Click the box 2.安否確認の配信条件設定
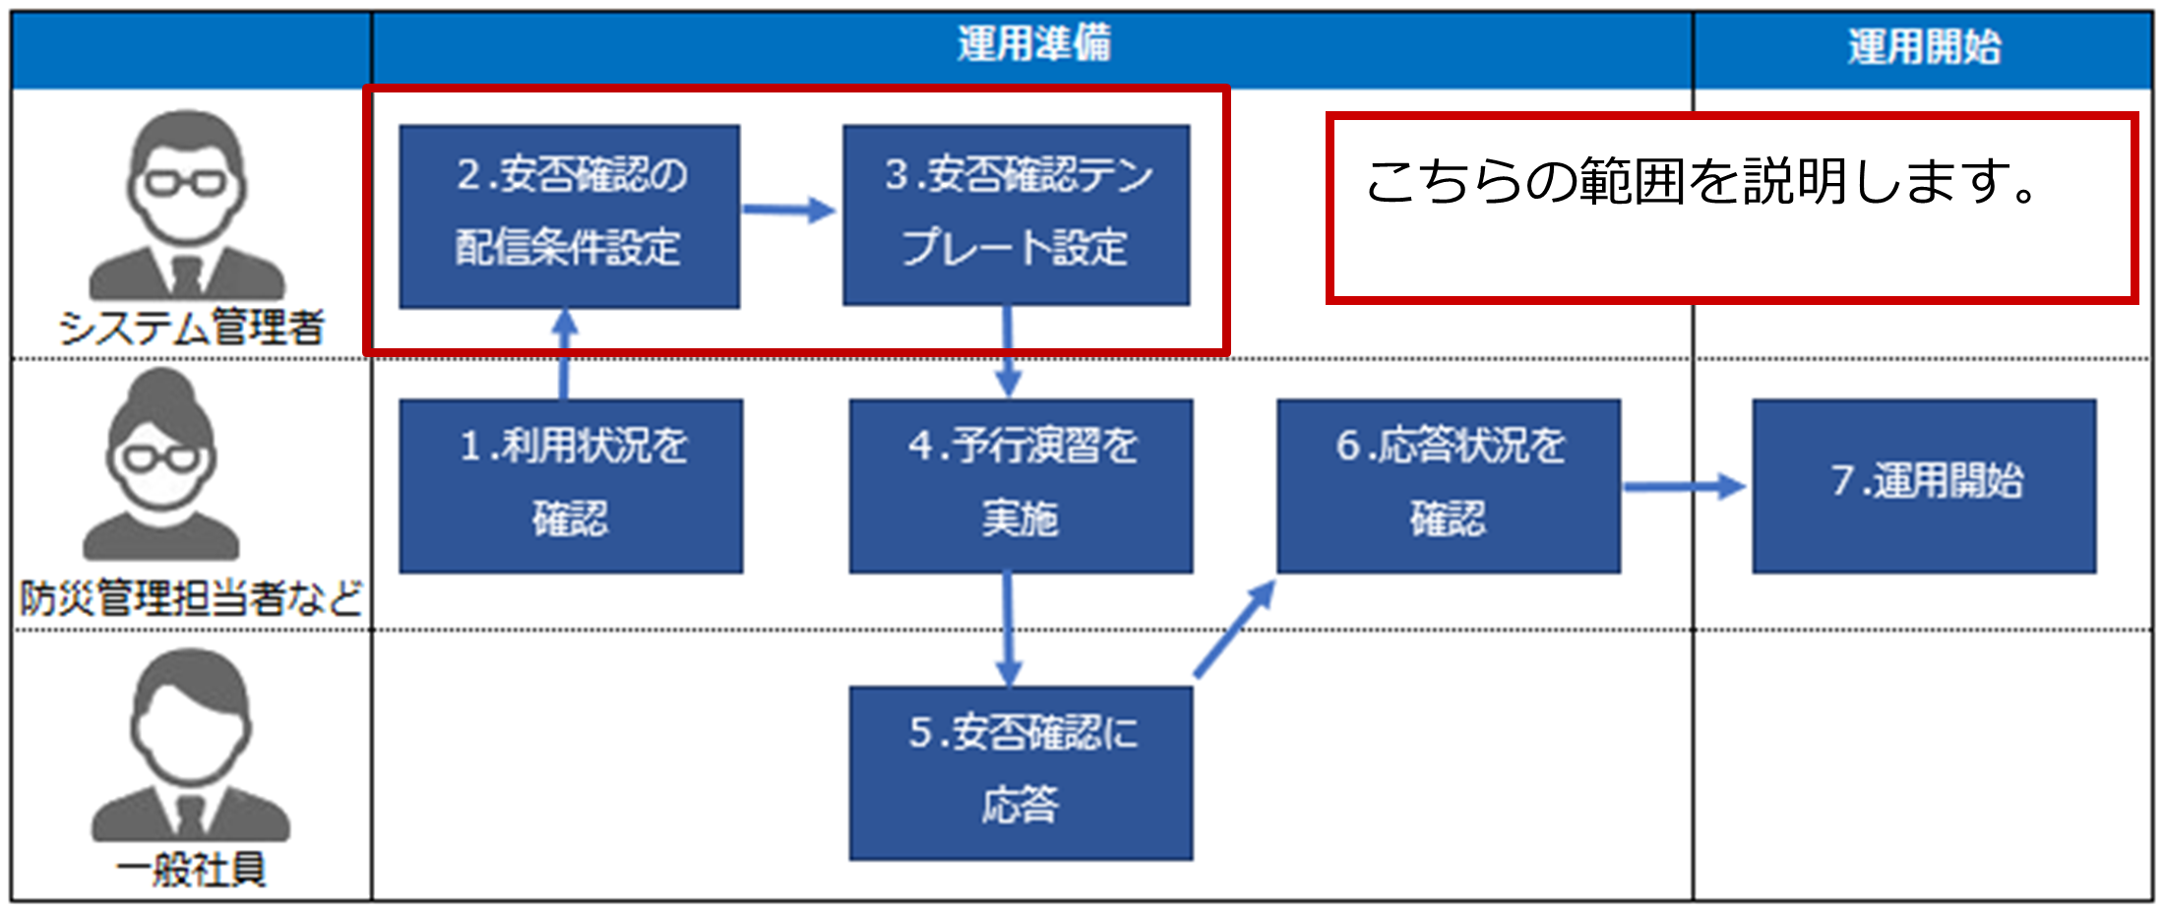point(569,216)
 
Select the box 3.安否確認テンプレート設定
point(1017,215)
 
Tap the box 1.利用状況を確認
point(571,486)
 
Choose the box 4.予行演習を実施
point(1021,486)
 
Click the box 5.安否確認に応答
point(1021,773)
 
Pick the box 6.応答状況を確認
point(1449,486)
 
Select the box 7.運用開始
point(1924,486)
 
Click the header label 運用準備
point(1033,45)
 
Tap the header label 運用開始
point(1924,46)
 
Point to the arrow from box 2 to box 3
point(790,210)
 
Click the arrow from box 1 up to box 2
point(564,354)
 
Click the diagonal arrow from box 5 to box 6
point(1235,629)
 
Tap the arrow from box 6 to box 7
point(1684,486)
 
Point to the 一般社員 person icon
point(190,745)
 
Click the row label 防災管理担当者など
point(191,598)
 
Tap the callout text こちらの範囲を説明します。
point(1703,181)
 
